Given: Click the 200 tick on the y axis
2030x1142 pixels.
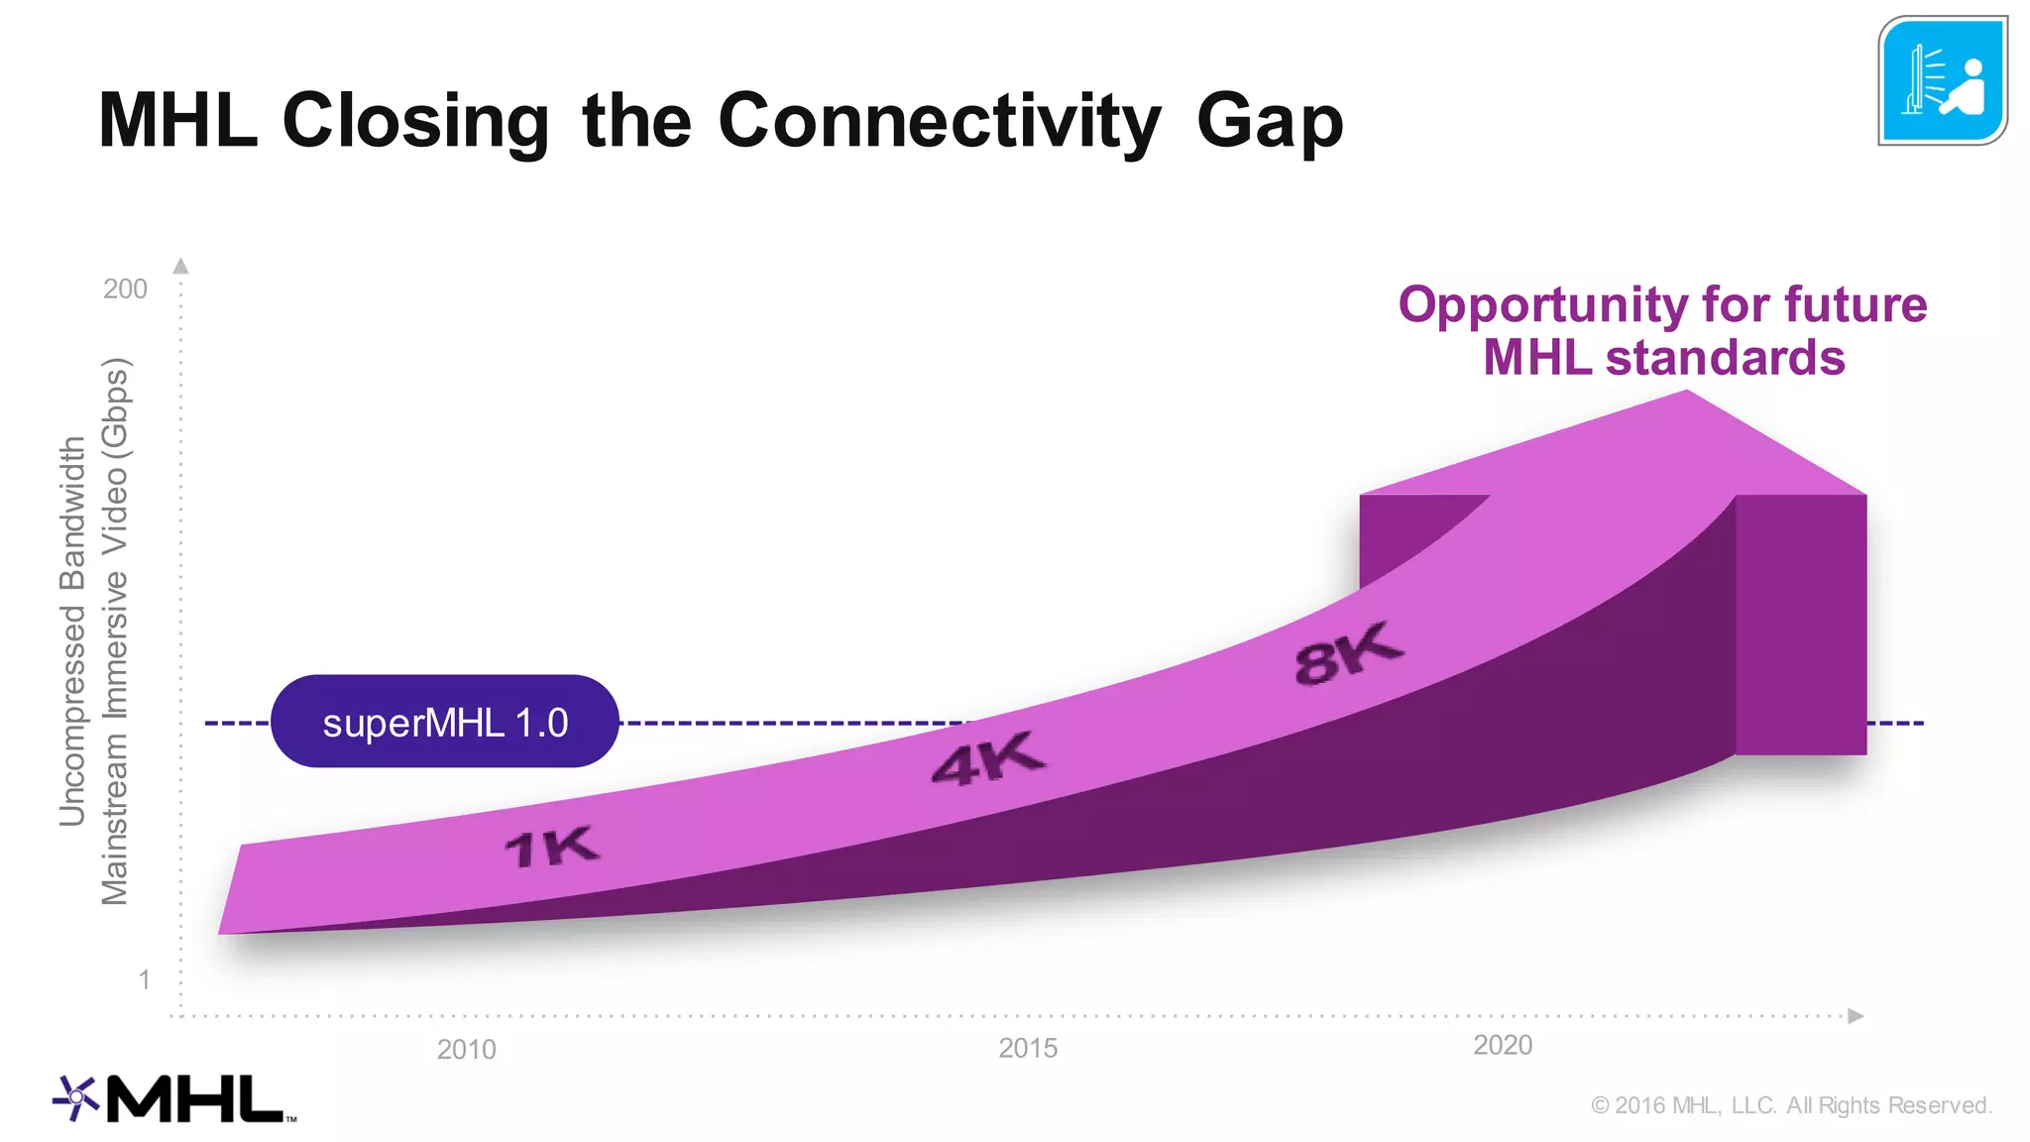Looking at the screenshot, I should click(x=125, y=288).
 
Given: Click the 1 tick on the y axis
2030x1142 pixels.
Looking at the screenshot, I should click(x=145, y=979).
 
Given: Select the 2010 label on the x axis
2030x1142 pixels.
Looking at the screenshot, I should click(x=466, y=1049).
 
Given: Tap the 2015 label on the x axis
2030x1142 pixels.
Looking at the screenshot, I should click(x=1028, y=1048).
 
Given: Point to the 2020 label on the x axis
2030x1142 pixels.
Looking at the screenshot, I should click(x=1503, y=1045).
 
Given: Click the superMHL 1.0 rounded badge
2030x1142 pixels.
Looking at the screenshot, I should click(x=444, y=722).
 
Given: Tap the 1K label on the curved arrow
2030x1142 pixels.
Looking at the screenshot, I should click(x=551, y=848).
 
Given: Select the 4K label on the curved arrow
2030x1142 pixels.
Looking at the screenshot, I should click(x=988, y=760).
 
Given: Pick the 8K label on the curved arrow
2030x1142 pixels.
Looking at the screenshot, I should click(x=1348, y=654).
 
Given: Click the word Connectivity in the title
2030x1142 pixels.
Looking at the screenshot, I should click(x=938, y=121).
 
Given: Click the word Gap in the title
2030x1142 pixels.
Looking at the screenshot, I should click(x=1269, y=123).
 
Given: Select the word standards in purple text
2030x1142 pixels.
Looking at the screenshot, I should click(x=1725, y=358).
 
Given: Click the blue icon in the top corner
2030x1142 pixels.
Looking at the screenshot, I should click(x=1942, y=81).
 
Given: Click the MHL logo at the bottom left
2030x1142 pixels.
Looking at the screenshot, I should click(x=174, y=1098).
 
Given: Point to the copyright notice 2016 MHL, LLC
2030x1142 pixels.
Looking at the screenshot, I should click(x=1791, y=1105).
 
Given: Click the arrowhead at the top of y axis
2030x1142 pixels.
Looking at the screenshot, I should click(x=180, y=266).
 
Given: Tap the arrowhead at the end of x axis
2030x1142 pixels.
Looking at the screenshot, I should click(x=1856, y=1016).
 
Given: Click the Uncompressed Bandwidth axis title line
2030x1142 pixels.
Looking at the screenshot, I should click(x=72, y=630).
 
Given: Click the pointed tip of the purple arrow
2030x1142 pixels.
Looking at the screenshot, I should click(x=1687, y=394).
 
